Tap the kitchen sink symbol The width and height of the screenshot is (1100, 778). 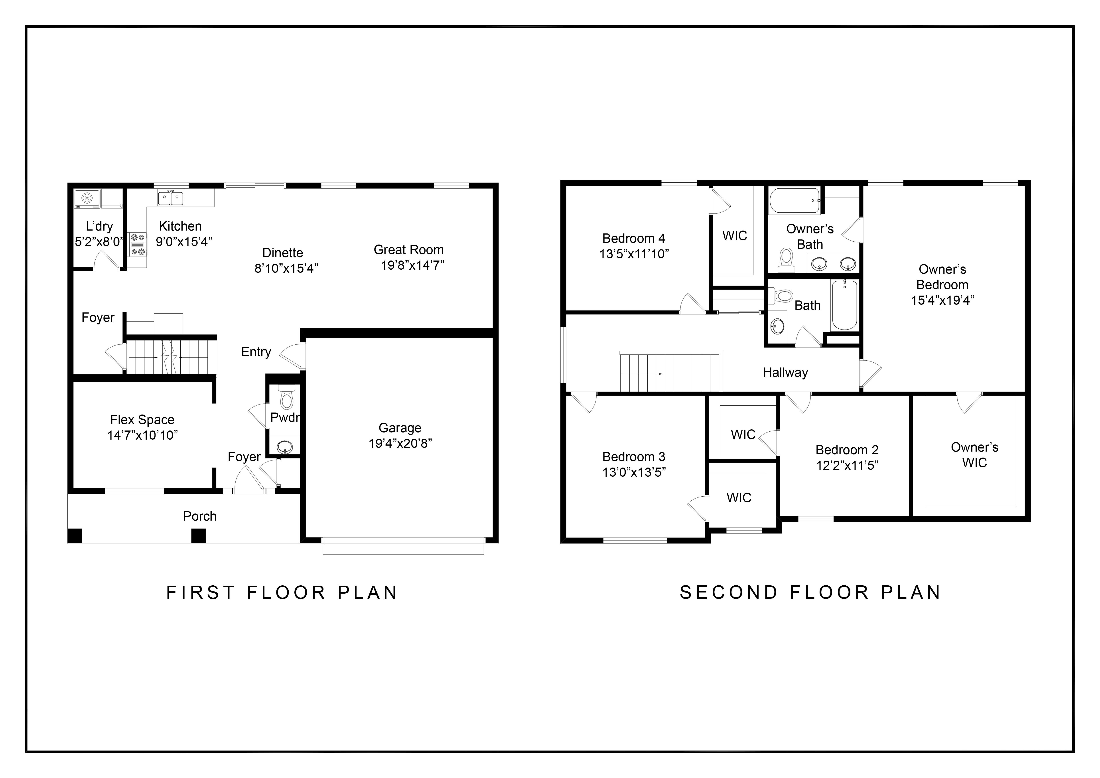[171, 198]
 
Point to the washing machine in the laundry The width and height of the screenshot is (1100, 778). [87, 198]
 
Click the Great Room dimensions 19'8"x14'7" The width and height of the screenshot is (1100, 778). [412, 265]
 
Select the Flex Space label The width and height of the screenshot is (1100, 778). [142, 420]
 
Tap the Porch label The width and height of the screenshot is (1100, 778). [200, 516]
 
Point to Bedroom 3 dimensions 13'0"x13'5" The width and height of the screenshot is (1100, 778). [634, 472]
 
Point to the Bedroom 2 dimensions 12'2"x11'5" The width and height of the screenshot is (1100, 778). [847, 465]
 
